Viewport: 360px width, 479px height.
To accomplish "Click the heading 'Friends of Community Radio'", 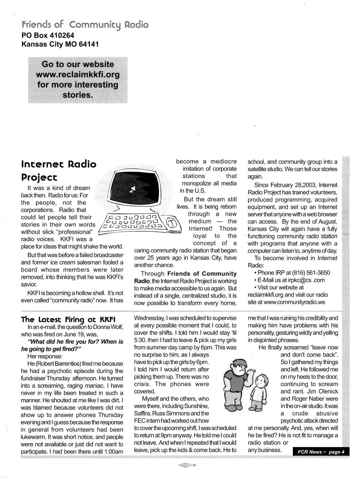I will point(85,25).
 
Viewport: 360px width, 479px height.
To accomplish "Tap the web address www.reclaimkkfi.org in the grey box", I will point(78,75).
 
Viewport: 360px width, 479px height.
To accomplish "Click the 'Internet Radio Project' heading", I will point(59,170).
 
